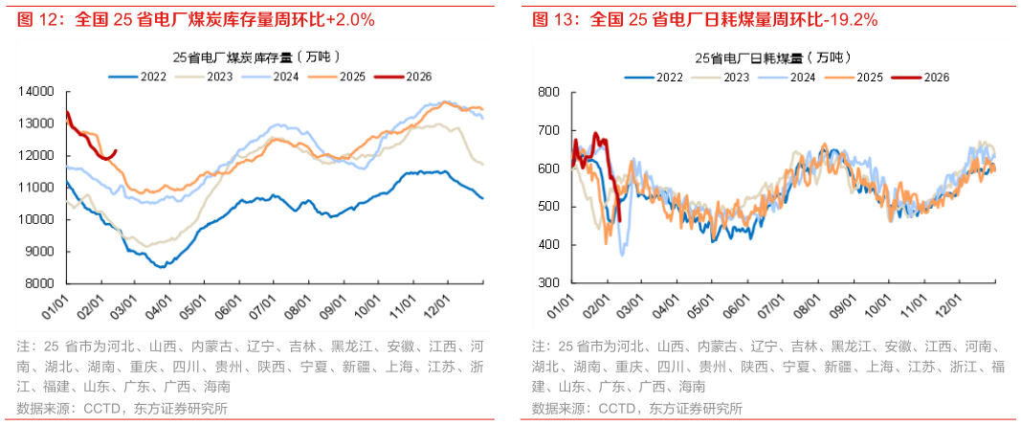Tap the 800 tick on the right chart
[x=548, y=92]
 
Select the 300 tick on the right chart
[x=548, y=283]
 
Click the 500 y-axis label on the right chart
[x=548, y=207]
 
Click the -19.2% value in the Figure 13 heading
[x=848, y=19]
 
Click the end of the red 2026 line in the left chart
[x=116, y=150]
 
